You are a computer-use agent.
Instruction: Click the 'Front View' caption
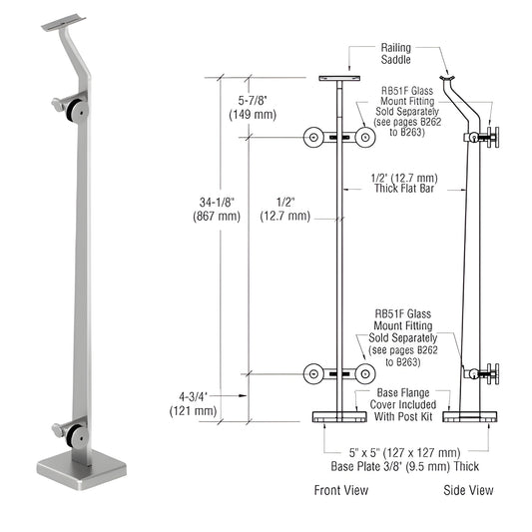[x=341, y=489]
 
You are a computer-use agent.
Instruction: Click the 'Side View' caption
[x=469, y=489]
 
